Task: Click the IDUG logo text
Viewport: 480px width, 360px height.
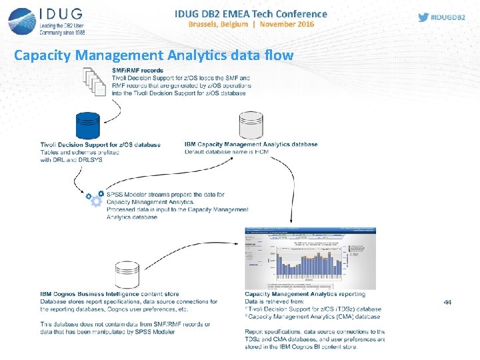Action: tap(63, 14)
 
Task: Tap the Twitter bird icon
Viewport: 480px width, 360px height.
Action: tap(423, 17)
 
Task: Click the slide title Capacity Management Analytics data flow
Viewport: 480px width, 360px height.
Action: tap(153, 55)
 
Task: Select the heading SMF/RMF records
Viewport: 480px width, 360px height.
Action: tap(137, 71)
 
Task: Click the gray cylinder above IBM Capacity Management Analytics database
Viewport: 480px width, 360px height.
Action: tap(251, 127)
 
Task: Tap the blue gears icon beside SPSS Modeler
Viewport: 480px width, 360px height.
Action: tap(94, 199)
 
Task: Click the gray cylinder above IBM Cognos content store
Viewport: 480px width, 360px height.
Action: tap(127, 275)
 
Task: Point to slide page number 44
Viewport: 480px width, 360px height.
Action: tap(447, 303)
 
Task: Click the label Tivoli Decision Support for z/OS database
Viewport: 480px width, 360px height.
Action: tap(100, 145)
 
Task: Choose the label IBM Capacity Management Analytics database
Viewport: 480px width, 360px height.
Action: tap(251, 145)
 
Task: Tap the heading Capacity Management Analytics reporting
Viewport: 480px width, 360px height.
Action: tap(305, 294)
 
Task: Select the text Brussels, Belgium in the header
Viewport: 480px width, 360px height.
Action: tap(219, 25)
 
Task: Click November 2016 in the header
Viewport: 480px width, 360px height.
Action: tap(287, 25)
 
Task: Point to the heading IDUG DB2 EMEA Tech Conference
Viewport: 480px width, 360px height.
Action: tap(251, 13)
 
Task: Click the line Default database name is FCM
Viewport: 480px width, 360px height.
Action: tap(227, 152)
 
